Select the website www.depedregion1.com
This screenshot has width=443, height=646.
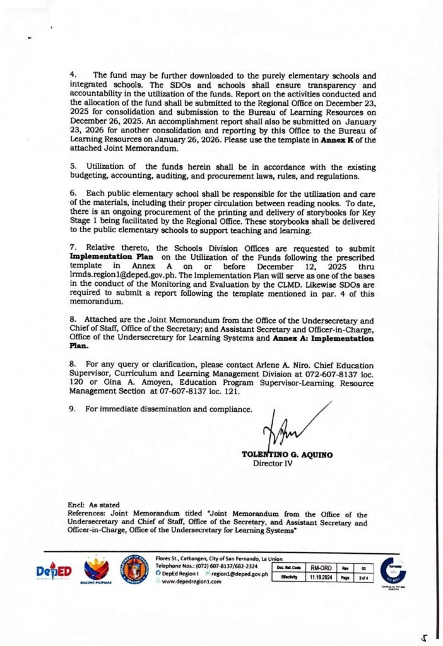tap(192, 582)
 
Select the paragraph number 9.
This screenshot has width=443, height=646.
tap(73, 409)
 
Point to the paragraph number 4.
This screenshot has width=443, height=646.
tap(73, 75)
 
